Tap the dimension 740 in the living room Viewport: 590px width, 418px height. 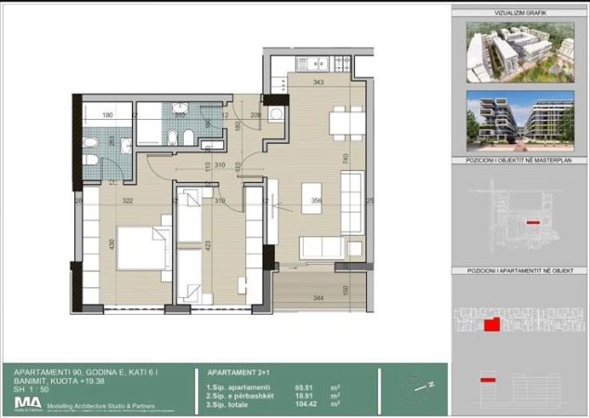coord(345,160)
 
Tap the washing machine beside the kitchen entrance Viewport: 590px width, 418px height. coord(276,113)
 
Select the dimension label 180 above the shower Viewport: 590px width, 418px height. coord(107,116)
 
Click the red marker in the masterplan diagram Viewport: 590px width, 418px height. coord(532,224)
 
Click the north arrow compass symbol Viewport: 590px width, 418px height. coord(417,385)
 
